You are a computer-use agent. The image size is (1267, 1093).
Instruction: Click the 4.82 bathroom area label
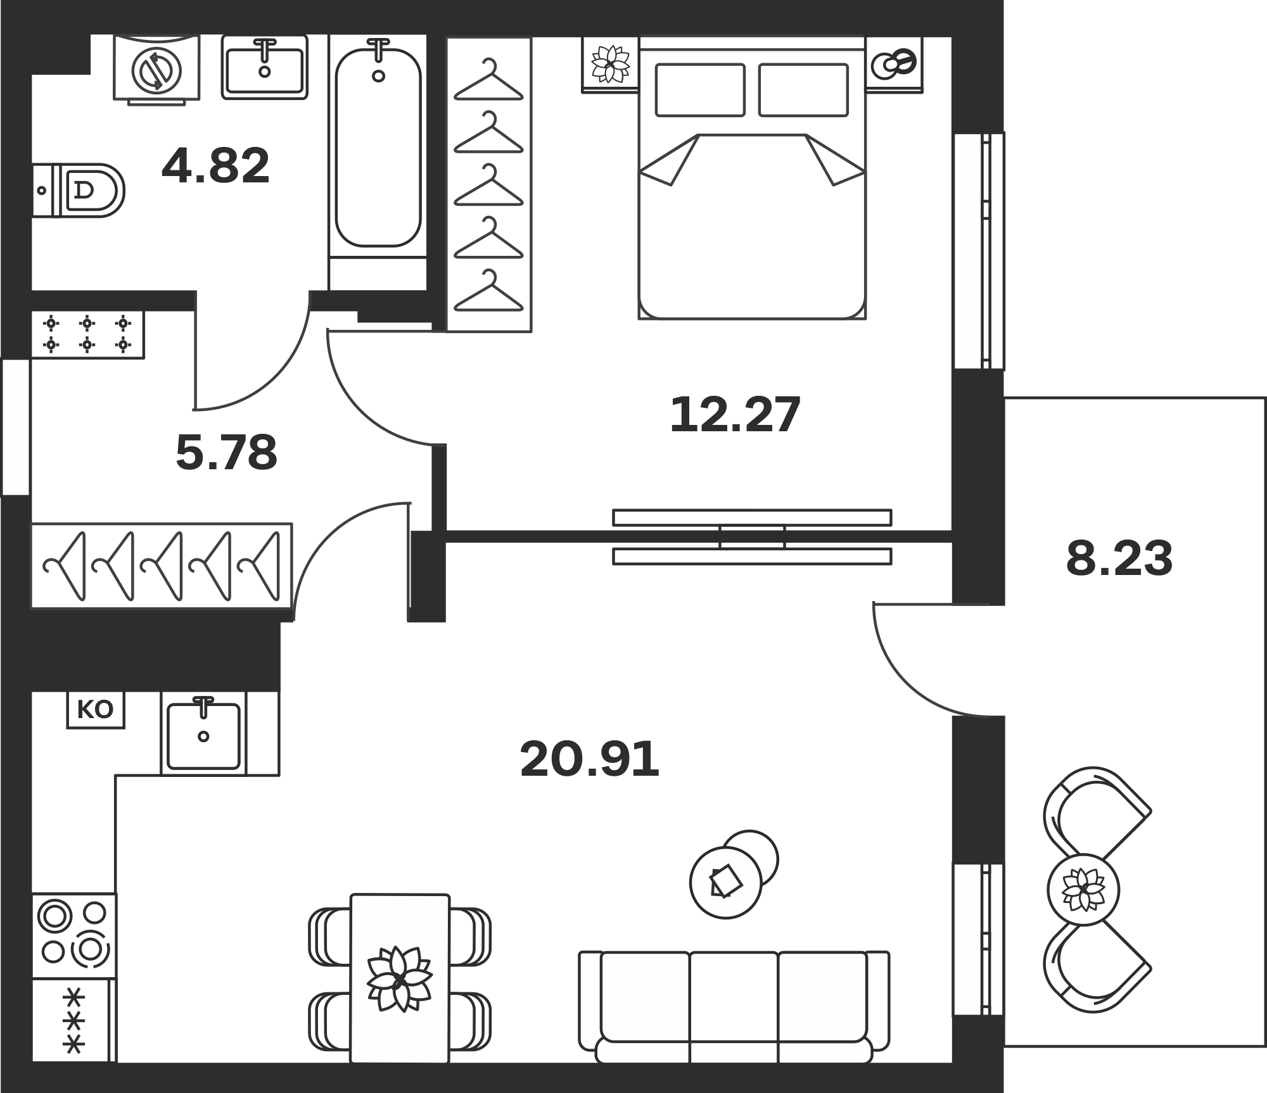(x=215, y=167)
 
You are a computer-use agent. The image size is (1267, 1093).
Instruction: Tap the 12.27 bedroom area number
(x=735, y=415)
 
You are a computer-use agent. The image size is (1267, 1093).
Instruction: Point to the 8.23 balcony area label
(x=1119, y=559)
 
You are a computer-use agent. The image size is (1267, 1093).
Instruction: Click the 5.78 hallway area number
(x=226, y=452)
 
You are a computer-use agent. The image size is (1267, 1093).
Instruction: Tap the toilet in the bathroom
(x=77, y=190)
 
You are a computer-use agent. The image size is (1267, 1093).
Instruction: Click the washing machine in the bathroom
(x=156, y=70)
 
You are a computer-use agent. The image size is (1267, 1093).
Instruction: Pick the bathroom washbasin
(x=265, y=67)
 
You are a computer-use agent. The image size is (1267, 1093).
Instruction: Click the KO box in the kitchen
(x=96, y=709)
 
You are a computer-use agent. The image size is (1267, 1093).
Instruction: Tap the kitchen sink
(x=203, y=735)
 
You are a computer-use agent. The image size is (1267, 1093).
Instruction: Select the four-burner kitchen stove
(x=73, y=935)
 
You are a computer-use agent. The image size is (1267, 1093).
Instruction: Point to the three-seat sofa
(x=734, y=1008)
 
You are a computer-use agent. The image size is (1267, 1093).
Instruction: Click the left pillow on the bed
(x=700, y=90)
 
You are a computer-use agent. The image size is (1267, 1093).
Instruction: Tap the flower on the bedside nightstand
(x=610, y=63)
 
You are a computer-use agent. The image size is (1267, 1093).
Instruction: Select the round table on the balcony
(x=1083, y=889)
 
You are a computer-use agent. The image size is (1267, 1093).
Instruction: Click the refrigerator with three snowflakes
(x=73, y=1020)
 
